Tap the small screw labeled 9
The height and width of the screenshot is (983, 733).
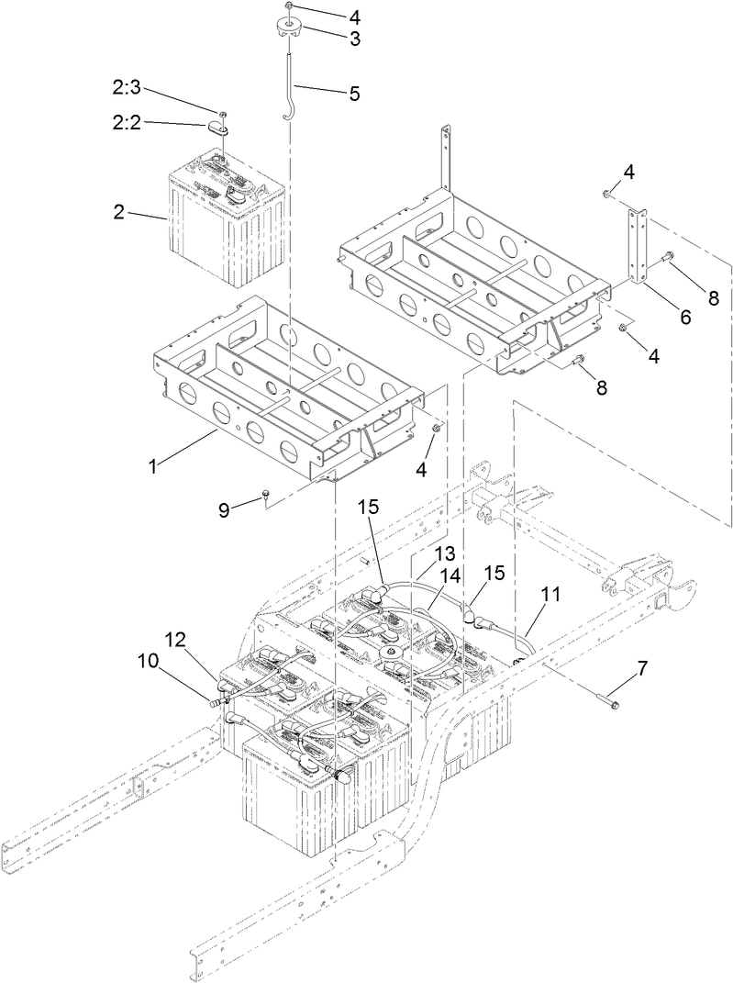tap(265, 495)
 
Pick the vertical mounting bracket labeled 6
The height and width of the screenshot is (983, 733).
tap(636, 248)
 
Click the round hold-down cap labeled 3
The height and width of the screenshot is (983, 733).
tap(287, 28)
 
